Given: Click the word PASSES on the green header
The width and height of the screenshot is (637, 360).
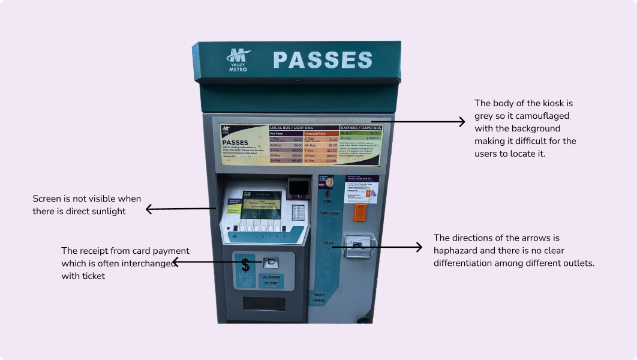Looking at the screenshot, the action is point(323,60).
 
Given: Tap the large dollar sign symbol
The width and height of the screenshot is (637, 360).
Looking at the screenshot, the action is point(245,265).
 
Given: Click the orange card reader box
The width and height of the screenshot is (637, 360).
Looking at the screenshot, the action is point(360,212).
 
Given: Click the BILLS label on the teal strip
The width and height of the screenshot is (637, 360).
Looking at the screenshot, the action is point(328,243).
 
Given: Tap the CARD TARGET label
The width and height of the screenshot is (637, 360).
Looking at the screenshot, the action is point(329,213).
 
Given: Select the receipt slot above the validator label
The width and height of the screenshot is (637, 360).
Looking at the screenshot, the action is point(271,263).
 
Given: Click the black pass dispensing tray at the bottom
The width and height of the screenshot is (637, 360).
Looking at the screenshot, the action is point(264,304).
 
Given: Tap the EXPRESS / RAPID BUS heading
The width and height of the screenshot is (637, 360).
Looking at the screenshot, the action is point(360,128).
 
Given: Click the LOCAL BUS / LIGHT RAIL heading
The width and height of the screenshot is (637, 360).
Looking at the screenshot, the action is point(292,128).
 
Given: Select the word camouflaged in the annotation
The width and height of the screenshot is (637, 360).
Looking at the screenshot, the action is point(540,116).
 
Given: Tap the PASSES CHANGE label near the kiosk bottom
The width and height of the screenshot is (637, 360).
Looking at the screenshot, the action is point(318,298).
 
